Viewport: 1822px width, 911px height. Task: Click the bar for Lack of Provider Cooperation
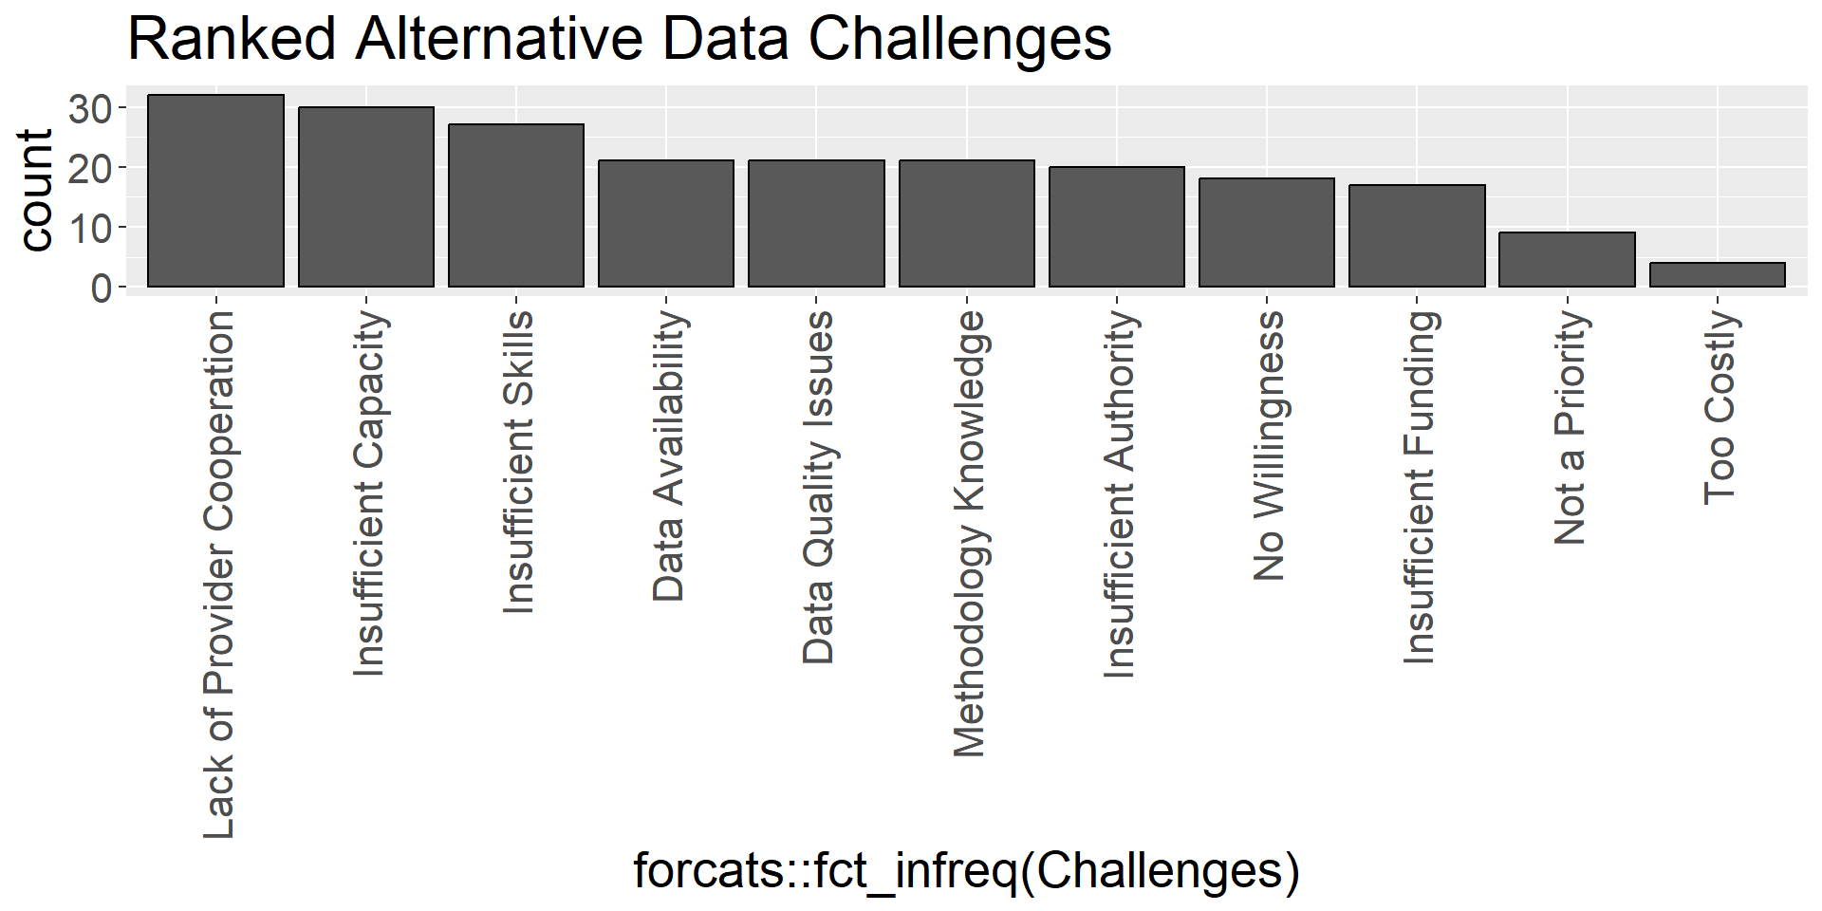coord(215,191)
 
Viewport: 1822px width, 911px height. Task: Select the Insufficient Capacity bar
coord(366,196)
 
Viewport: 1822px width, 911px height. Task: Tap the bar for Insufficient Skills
coord(516,205)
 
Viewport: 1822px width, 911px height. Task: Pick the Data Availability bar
coord(666,223)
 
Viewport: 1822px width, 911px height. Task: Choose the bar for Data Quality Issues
coord(816,223)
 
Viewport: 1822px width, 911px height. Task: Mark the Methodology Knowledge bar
coord(967,223)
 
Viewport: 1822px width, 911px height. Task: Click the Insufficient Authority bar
coord(1117,227)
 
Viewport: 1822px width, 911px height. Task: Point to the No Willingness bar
coord(1267,232)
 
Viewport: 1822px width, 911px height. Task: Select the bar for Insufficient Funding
coord(1417,235)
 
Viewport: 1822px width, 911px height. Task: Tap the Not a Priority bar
coord(1567,259)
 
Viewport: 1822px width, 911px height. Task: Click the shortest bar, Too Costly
coord(1718,274)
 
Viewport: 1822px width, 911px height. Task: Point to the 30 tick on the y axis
coord(91,108)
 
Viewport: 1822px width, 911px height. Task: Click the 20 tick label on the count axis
coord(91,168)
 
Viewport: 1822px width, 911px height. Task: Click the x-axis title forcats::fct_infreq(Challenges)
coord(966,871)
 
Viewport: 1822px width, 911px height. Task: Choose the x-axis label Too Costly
coord(1719,407)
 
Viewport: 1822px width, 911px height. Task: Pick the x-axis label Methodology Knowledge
coord(969,533)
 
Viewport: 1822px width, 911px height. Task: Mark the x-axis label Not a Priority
coord(1570,427)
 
